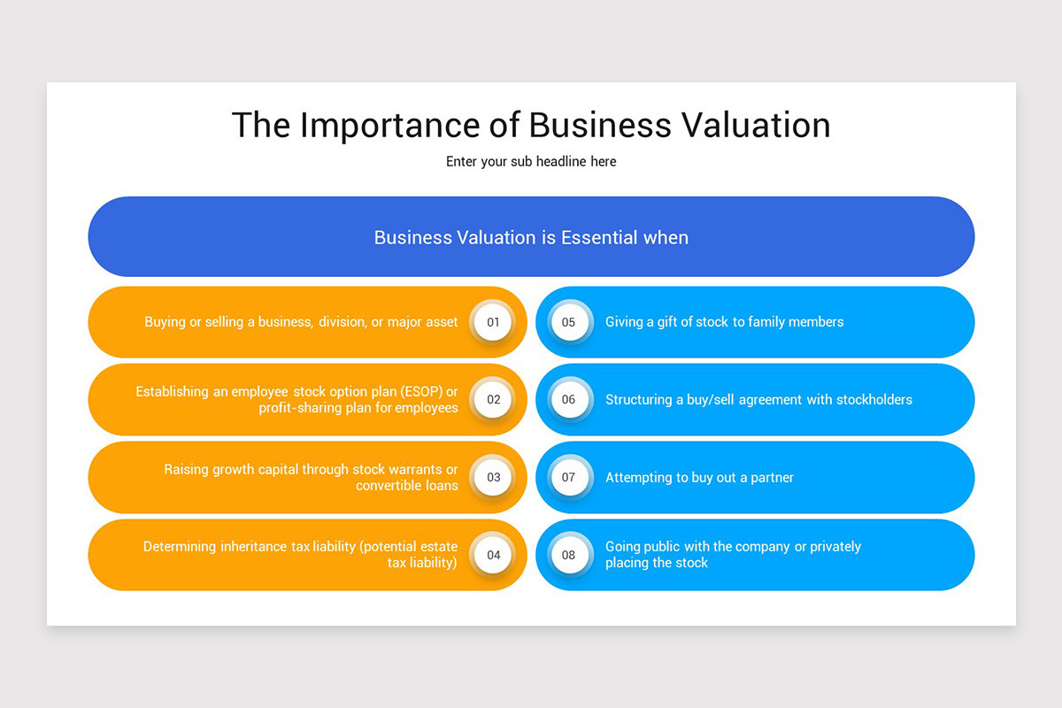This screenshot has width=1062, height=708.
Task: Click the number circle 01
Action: click(x=493, y=322)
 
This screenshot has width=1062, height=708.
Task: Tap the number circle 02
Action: click(x=493, y=399)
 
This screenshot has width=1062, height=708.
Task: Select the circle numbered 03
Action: click(x=493, y=477)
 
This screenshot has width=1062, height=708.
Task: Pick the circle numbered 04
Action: click(x=493, y=555)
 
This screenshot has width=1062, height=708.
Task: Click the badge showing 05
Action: click(x=569, y=322)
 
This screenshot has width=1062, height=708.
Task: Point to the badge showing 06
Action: click(x=569, y=399)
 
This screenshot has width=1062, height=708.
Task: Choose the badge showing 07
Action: click(x=569, y=477)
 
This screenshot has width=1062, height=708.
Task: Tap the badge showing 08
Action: click(x=569, y=555)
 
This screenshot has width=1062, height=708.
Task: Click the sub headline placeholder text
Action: click(x=531, y=162)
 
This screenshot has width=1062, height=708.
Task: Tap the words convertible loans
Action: click(x=407, y=486)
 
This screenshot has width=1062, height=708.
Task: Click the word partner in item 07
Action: click(x=772, y=478)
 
